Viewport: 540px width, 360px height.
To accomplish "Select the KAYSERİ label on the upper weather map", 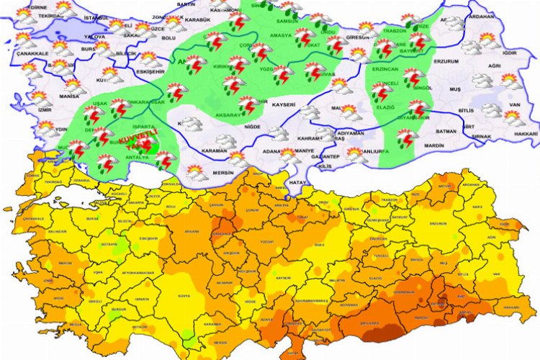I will coord(285,105).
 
